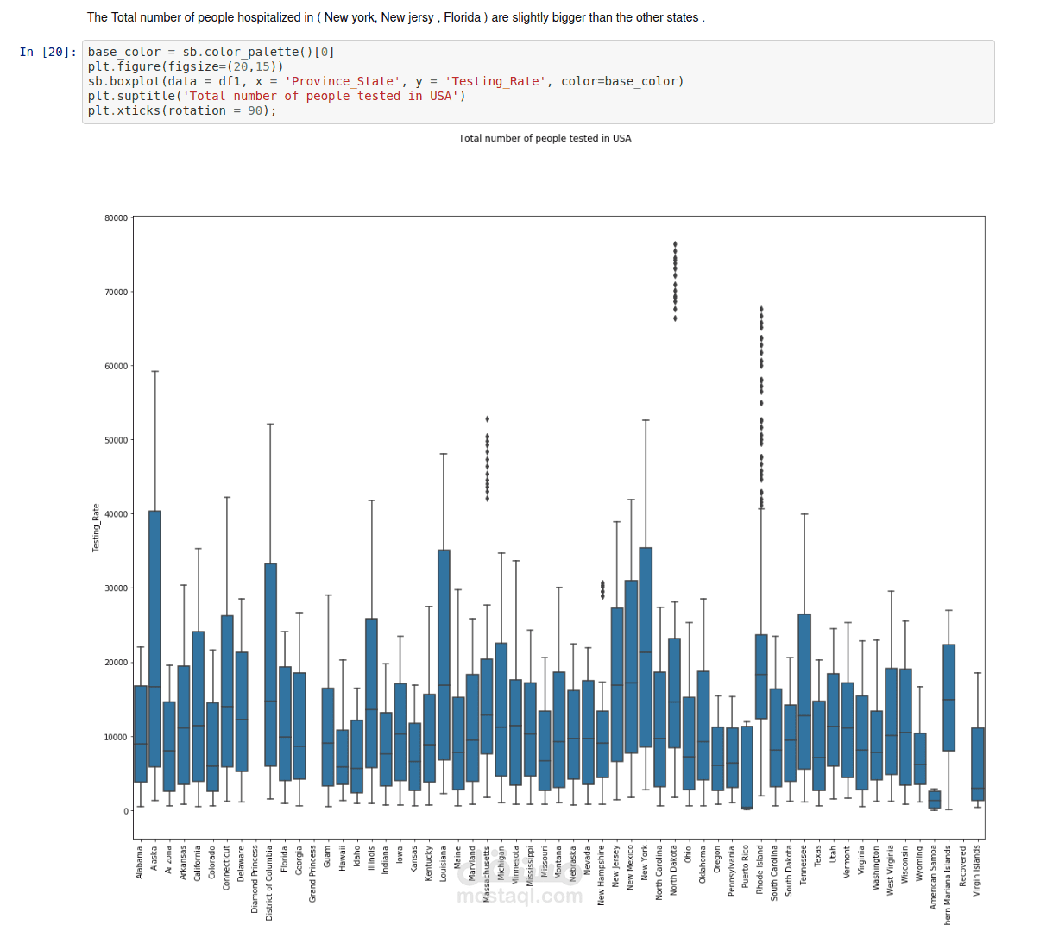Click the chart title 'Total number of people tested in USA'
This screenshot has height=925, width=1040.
545,138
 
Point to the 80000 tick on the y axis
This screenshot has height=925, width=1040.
116,218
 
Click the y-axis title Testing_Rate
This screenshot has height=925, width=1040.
96,528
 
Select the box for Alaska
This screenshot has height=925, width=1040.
154,639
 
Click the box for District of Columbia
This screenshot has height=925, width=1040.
270,664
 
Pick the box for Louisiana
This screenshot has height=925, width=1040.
444,654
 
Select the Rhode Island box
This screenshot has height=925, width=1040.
761,676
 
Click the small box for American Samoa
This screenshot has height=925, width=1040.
934,799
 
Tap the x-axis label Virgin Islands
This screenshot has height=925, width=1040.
977,871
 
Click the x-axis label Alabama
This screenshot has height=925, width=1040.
140,863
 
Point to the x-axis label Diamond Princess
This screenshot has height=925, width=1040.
255,878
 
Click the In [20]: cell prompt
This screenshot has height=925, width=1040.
47,52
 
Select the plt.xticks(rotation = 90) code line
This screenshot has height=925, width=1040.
181,110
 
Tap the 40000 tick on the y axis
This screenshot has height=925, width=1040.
116,514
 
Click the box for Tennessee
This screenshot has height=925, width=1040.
804,691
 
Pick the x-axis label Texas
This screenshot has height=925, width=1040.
818,861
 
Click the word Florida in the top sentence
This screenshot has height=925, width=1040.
462,17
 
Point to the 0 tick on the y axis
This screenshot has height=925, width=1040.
125,811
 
